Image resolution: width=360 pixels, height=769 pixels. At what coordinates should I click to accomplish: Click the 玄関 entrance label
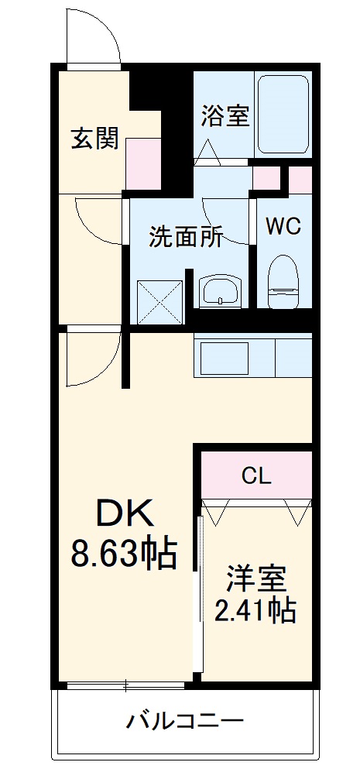(95, 139)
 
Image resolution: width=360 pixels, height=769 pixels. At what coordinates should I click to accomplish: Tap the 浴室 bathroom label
(225, 116)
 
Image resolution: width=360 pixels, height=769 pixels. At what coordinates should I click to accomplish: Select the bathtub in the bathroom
(283, 113)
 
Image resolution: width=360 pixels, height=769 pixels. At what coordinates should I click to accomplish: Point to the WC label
(283, 226)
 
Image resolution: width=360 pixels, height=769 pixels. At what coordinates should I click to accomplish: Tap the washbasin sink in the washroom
(221, 291)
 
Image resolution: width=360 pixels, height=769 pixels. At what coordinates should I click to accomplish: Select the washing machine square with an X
(159, 301)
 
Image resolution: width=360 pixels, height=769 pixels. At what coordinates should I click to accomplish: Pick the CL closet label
(255, 475)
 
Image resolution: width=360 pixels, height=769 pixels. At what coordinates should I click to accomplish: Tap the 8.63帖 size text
(124, 552)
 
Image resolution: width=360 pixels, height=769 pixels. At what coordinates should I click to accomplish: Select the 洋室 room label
(256, 578)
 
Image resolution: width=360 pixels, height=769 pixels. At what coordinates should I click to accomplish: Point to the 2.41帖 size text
(256, 611)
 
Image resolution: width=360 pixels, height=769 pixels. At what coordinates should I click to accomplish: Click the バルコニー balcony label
(185, 722)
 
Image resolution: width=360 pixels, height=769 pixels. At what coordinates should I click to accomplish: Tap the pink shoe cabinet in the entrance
(143, 163)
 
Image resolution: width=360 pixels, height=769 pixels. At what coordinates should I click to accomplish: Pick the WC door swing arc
(229, 221)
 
